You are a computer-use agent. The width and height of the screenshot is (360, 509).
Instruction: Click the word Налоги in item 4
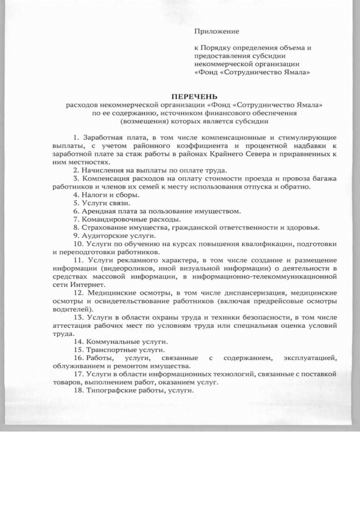pyautogui.click(x=93, y=195)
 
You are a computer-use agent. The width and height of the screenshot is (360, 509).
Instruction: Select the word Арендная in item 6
pyautogui.click(x=97, y=211)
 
